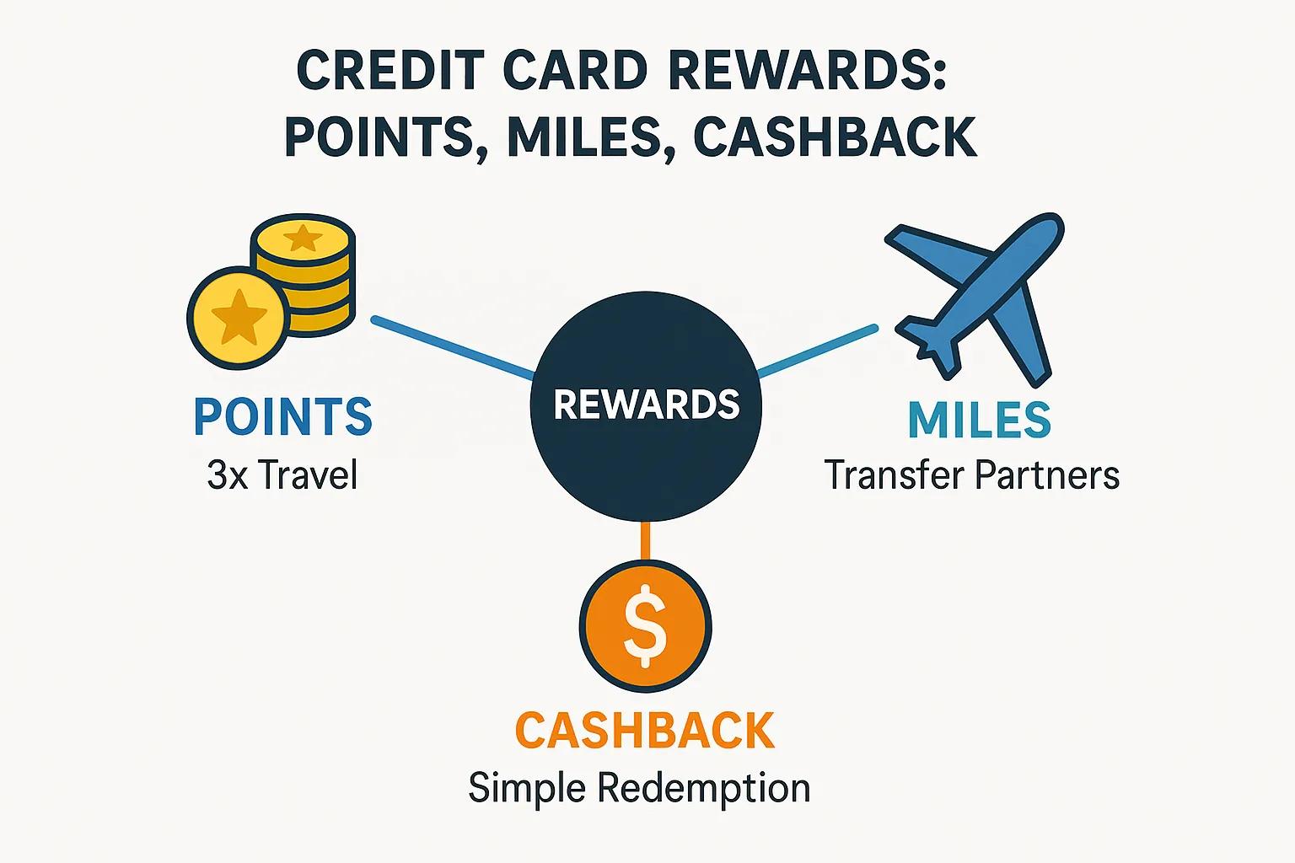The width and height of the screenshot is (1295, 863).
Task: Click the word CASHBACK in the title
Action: [x=835, y=137]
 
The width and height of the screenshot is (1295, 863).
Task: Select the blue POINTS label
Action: [x=282, y=416]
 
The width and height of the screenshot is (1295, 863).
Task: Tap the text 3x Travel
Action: [x=282, y=475]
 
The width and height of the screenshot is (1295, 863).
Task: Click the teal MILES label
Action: [x=980, y=420]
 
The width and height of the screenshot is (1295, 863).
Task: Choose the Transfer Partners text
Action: [x=971, y=475]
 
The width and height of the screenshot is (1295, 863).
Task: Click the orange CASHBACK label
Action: [x=644, y=731]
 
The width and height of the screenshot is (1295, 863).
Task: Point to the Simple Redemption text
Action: [x=639, y=789]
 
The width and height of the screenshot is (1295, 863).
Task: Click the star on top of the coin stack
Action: [x=301, y=238]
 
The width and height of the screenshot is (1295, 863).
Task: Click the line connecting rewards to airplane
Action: [x=816, y=351]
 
